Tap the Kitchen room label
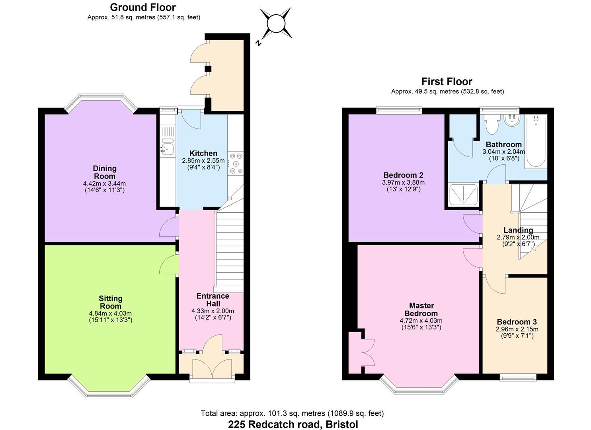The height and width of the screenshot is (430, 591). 203,153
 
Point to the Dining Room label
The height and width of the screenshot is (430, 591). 105,172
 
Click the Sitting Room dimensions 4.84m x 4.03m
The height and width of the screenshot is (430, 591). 110,313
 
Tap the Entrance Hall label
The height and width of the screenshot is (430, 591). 213,299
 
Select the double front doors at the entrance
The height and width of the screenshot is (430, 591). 212,368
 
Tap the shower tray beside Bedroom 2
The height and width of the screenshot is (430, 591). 463,194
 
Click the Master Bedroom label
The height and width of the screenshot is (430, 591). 421,309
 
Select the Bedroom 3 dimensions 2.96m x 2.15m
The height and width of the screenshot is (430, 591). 517,329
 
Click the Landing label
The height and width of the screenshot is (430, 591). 518,230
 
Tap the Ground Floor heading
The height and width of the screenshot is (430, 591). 142,7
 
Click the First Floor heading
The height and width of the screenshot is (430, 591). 447,82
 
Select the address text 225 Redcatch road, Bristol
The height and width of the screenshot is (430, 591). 293,424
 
